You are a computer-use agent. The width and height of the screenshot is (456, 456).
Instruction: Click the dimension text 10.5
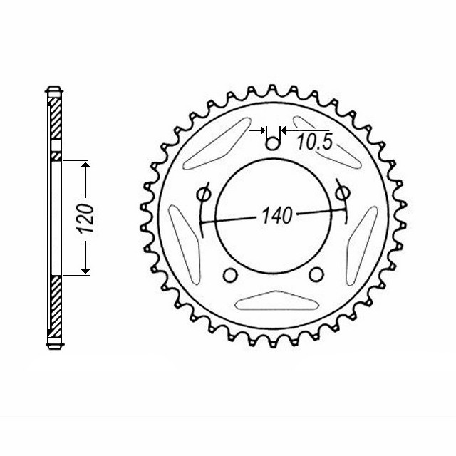coord(314,142)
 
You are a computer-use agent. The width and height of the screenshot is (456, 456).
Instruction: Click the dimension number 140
coord(278,216)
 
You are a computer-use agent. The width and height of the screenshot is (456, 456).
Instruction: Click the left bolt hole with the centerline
coord(202,194)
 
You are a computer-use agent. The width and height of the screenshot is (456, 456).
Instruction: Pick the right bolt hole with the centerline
coord(342,192)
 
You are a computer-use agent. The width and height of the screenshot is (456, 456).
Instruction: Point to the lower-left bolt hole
coord(229,276)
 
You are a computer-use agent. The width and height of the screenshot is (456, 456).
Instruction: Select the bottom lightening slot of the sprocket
coord(272,302)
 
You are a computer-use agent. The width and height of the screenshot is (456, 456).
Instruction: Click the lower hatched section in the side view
coord(54,310)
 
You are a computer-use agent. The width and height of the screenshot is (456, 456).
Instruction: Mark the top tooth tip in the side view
coord(54,90)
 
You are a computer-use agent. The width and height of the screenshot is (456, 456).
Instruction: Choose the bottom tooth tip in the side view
coord(54,346)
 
